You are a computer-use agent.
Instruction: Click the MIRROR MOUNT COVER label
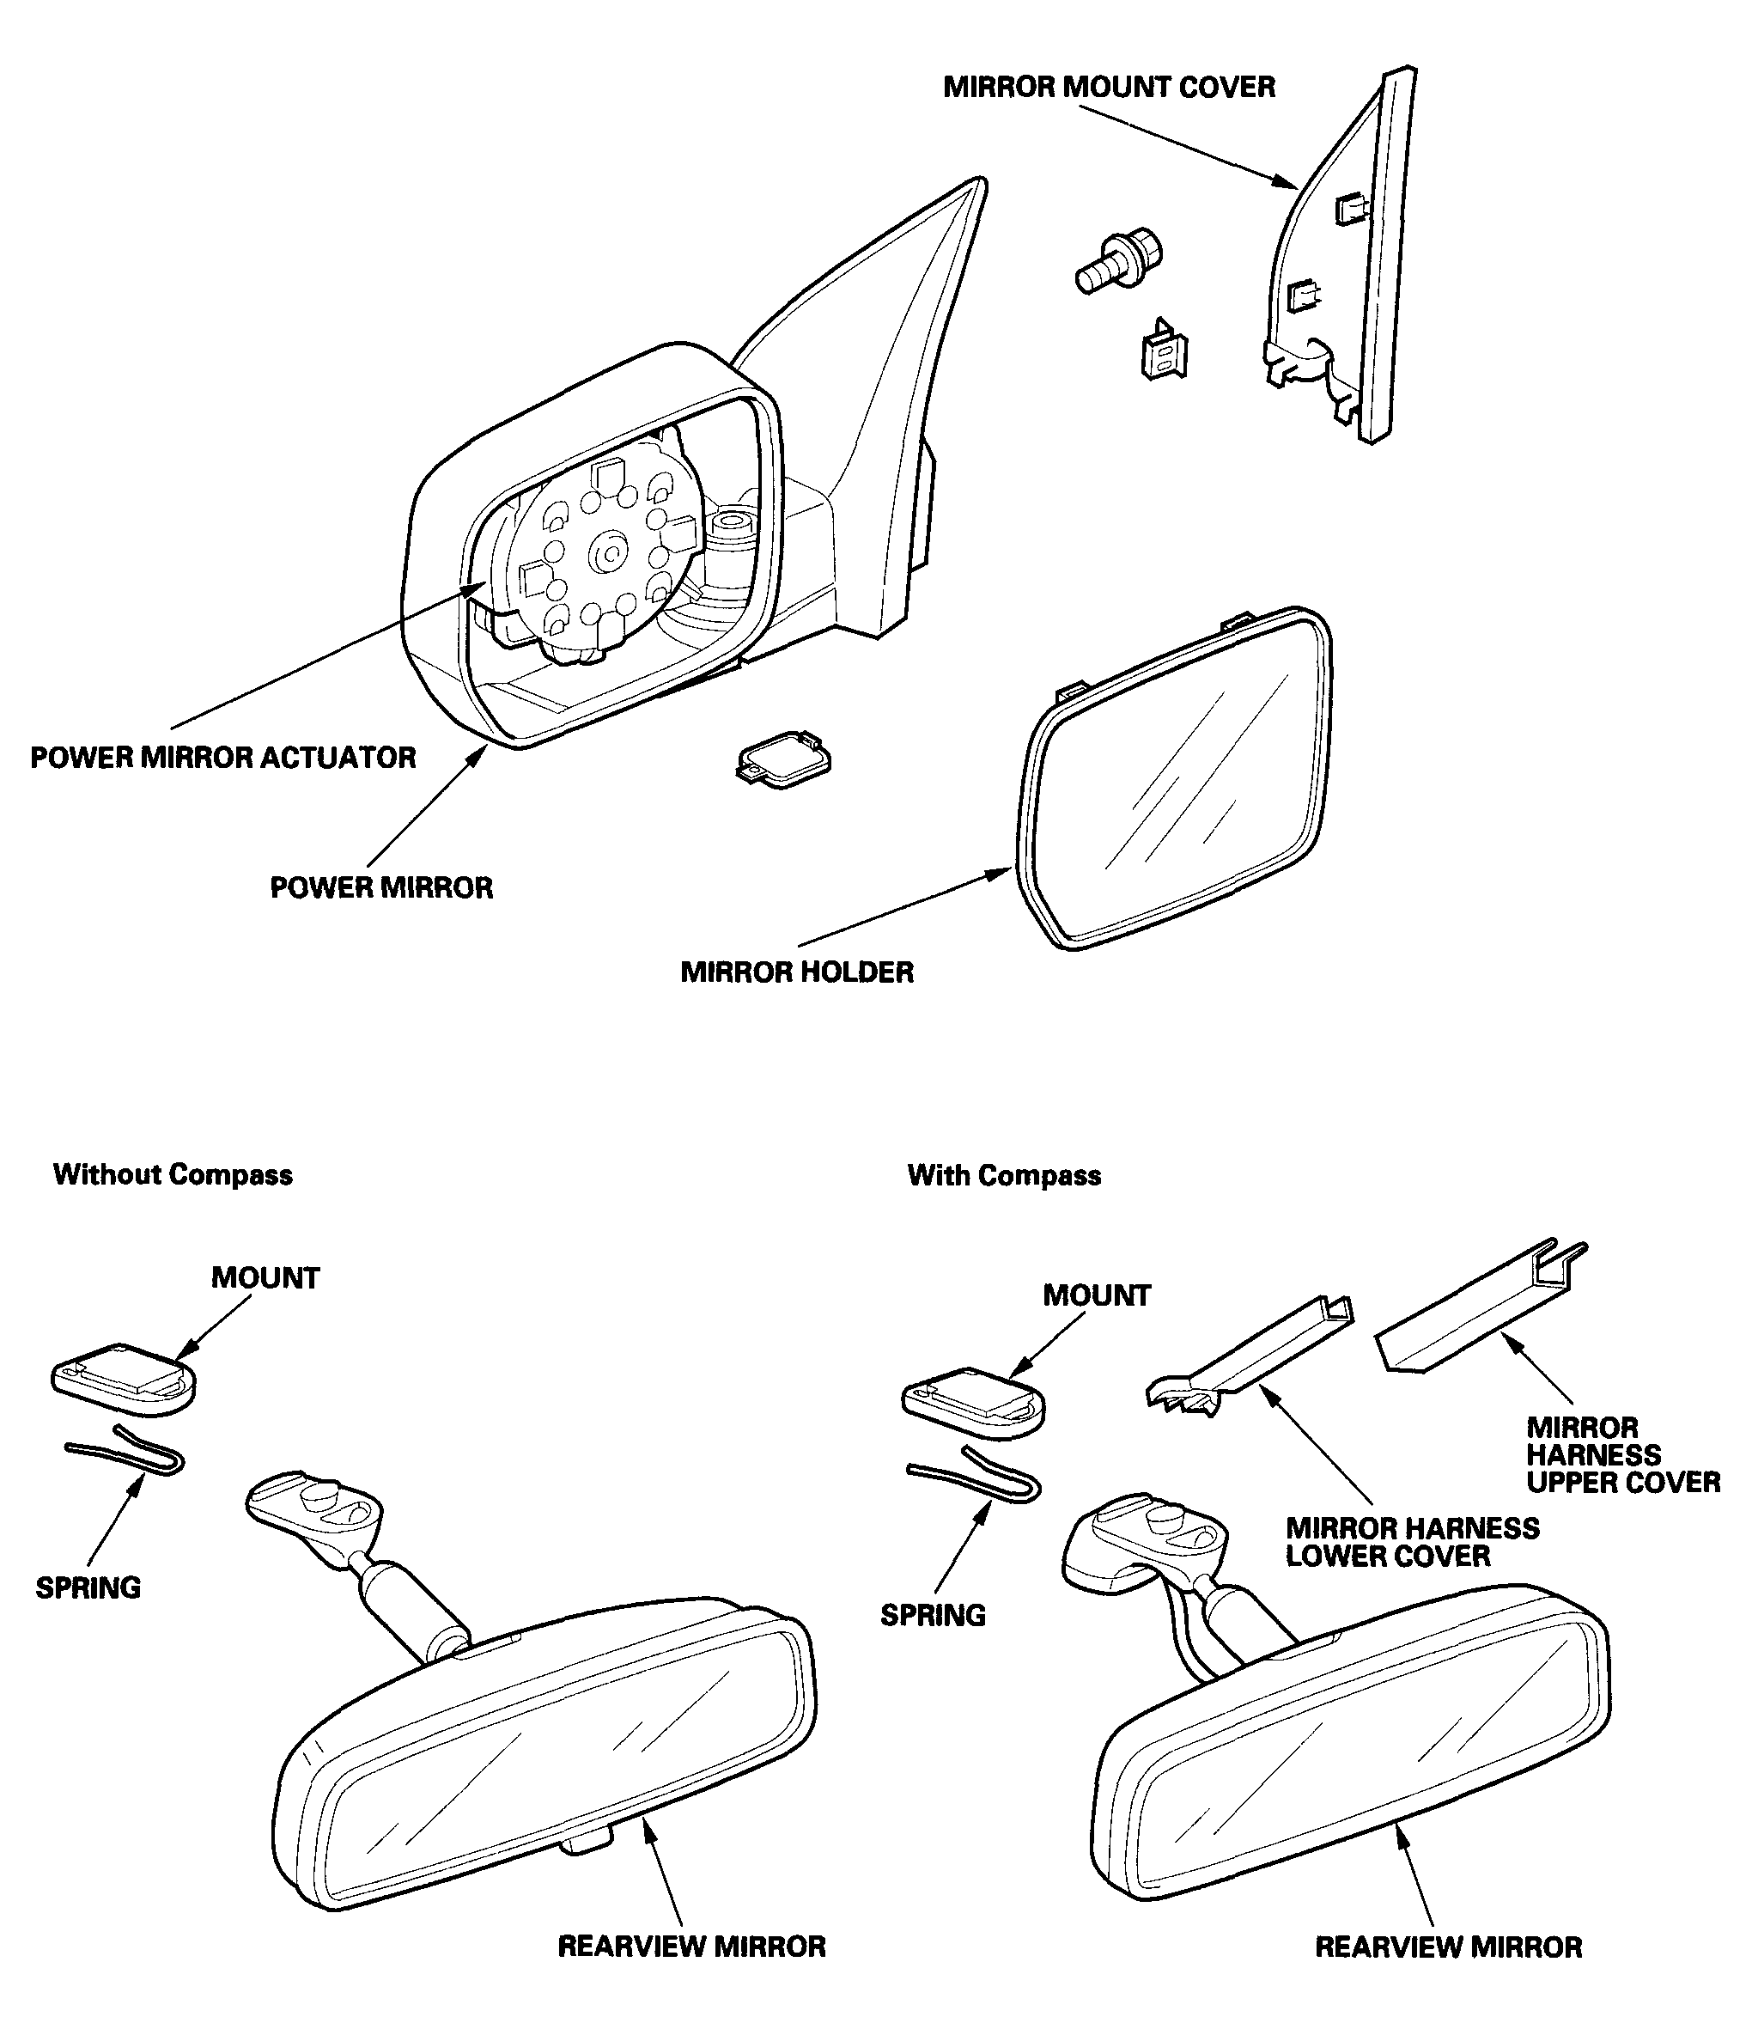pyautogui.click(x=1109, y=87)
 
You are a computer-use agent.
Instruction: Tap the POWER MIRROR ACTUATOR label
pyautogui.click(x=223, y=758)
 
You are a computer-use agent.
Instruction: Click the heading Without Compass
pyautogui.click(x=173, y=1174)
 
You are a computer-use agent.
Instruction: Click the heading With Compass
pyautogui.click(x=1004, y=1175)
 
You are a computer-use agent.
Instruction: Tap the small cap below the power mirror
pyautogui.click(x=785, y=759)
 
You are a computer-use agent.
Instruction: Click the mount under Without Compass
pyautogui.click(x=123, y=1379)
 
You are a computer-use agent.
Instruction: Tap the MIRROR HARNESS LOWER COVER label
pyautogui.click(x=1413, y=1542)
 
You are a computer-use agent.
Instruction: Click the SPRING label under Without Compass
pyautogui.click(x=88, y=1587)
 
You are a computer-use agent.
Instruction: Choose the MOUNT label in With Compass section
pyautogui.click(x=1097, y=1295)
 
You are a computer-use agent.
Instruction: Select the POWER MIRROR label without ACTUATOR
pyautogui.click(x=381, y=888)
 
